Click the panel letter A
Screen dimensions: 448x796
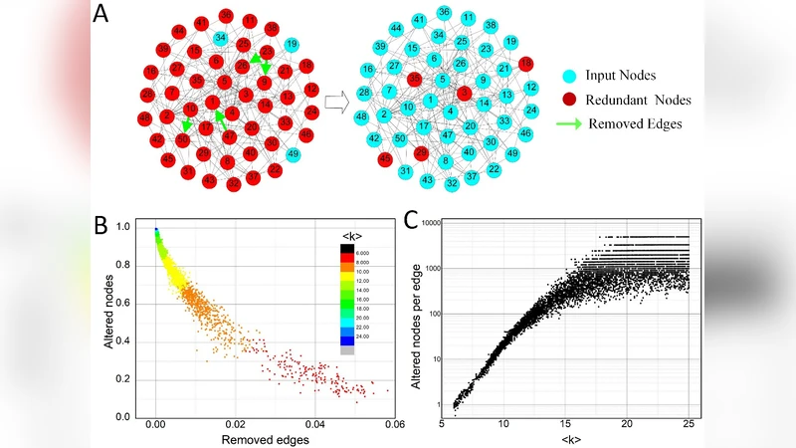point(101,15)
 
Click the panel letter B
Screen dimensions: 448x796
point(101,225)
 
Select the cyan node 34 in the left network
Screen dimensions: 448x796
point(220,39)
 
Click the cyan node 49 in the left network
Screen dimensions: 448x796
point(293,154)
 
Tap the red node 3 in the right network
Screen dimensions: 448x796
point(464,93)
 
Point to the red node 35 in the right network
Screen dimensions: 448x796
point(421,153)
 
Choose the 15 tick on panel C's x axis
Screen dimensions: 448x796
point(565,424)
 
